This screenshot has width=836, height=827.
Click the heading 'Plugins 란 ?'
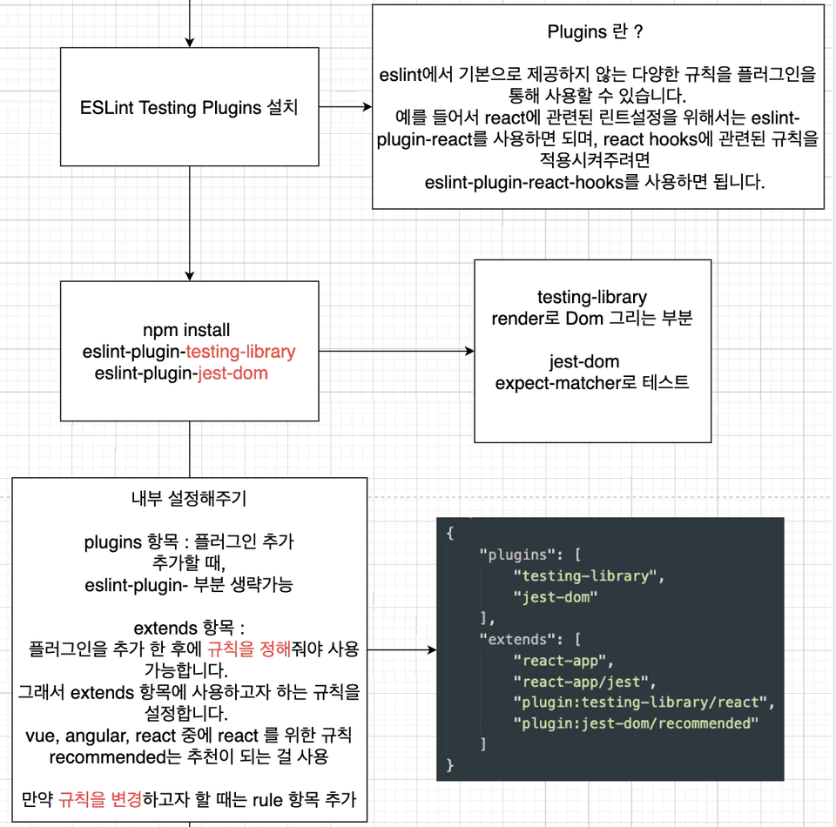[x=595, y=32]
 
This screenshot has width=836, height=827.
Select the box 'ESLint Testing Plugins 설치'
[x=189, y=106]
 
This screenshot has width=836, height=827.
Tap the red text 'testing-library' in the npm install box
[x=240, y=352]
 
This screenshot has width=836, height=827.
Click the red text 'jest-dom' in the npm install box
[x=233, y=373]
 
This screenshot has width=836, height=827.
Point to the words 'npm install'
[x=186, y=330]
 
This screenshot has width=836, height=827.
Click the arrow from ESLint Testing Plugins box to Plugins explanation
[x=346, y=106]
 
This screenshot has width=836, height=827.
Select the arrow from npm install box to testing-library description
[x=397, y=351]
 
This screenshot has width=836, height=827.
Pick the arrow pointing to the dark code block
[x=402, y=649]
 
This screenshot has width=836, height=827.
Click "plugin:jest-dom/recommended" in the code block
[x=636, y=723]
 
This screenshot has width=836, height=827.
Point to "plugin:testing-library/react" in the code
[x=640, y=703]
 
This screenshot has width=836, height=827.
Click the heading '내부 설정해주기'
[x=189, y=499]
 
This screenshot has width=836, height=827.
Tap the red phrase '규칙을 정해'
[x=249, y=649]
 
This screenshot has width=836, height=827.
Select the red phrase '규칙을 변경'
[x=100, y=799]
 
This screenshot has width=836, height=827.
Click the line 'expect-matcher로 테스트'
[x=592, y=383]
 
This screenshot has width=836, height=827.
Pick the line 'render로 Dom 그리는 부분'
[x=592, y=319]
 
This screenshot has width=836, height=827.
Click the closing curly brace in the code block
[x=450, y=765]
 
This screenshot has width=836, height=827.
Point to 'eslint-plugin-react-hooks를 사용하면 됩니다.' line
[x=595, y=182]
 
